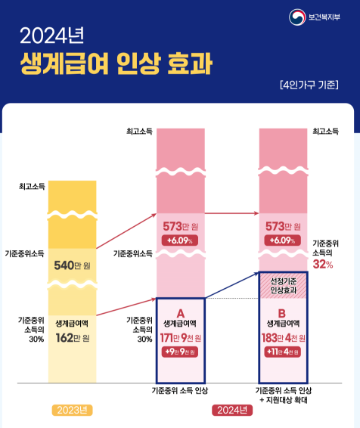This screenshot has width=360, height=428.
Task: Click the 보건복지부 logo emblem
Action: coord(296,17)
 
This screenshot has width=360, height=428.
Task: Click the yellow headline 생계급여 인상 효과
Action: coord(116,63)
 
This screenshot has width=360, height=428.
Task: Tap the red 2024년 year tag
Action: coord(231,411)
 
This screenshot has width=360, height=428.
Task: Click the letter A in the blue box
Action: coord(180,312)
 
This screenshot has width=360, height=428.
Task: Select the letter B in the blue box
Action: coord(282,312)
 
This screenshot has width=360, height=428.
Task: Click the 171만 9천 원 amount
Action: coord(180,338)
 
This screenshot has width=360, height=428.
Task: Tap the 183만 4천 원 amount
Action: coord(282,338)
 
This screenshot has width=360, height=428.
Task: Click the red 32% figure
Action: coord(323,265)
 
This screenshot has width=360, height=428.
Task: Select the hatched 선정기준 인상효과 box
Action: coord(282,286)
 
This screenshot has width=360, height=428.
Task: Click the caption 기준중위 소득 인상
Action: coord(180,390)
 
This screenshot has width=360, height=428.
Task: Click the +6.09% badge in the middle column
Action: coord(180,240)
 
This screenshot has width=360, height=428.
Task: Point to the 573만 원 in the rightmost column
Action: coord(282,226)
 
